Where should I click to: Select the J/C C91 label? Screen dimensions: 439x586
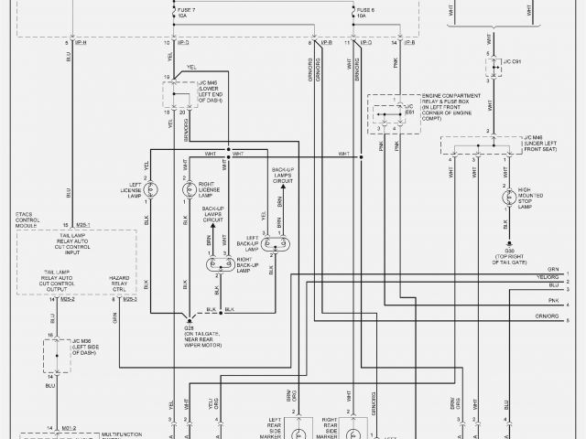point(512,61)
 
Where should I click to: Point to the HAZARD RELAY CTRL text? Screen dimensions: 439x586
point(120,283)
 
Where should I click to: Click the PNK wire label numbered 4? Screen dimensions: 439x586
point(552,299)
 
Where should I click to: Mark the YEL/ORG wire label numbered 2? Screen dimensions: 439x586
point(548,275)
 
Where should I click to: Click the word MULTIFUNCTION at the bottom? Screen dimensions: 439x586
point(121,434)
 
